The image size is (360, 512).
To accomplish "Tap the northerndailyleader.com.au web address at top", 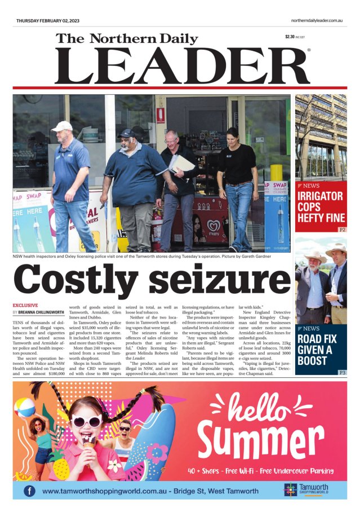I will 317,20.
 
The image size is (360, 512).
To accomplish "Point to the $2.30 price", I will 290,37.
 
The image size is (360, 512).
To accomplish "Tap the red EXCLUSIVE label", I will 25,305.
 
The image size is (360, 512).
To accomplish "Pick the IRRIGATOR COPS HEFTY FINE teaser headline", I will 320,208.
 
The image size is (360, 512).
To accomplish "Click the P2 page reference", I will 342,230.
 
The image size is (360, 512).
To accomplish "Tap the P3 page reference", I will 342,373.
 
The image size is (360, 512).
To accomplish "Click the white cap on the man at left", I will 62,126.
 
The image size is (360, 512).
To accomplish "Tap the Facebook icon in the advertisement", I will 29,491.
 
